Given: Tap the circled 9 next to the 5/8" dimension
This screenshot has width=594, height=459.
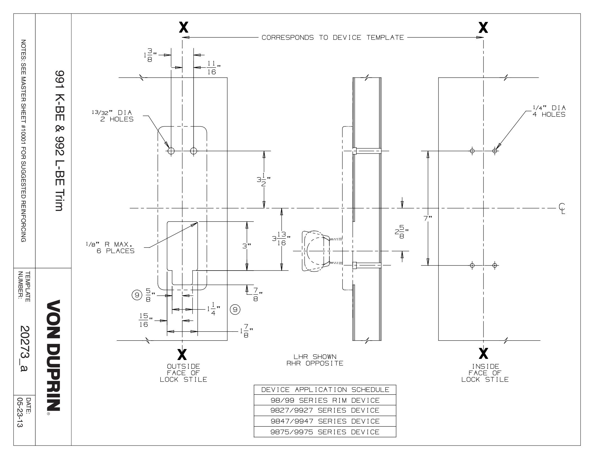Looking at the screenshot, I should pos(137,295).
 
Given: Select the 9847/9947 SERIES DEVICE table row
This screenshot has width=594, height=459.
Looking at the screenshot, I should pos(325,421).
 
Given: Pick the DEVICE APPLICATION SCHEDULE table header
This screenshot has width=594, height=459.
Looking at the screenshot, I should pos(325,390).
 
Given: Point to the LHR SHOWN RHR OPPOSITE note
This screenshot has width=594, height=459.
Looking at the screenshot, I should pos(314,360).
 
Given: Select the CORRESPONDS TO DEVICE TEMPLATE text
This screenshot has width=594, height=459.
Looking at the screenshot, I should pos(333,37).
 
